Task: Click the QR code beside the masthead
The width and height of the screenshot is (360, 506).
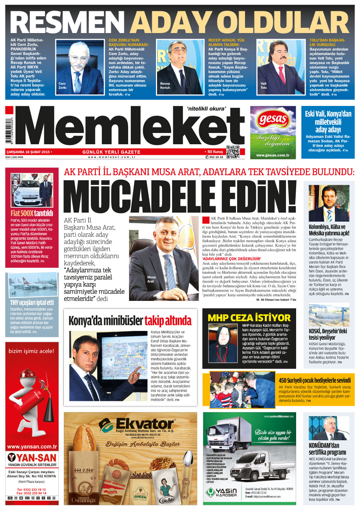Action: [x=233, y=151]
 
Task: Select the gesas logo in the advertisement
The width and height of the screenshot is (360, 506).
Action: [x=273, y=120]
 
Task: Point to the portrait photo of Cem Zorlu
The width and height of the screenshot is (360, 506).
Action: [x=80, y=66]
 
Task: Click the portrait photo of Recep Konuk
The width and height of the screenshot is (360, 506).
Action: [x=179, y=66]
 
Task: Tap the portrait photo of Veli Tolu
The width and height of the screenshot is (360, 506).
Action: [x=280, y=66]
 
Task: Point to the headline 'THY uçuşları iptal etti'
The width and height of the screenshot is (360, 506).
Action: [x=32, y=302]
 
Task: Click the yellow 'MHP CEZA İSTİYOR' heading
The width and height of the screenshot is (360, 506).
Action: [x=249, y=318]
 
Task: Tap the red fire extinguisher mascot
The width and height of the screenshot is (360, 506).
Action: [x=30, y=398]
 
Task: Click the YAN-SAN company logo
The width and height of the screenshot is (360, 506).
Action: [x=32, y=458]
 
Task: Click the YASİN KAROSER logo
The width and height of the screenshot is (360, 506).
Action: [x=222, y=492]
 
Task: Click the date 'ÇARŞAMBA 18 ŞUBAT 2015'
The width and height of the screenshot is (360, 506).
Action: [x=28, y=152]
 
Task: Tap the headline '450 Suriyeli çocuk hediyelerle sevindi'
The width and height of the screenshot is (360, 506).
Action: [x=315, y=380]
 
